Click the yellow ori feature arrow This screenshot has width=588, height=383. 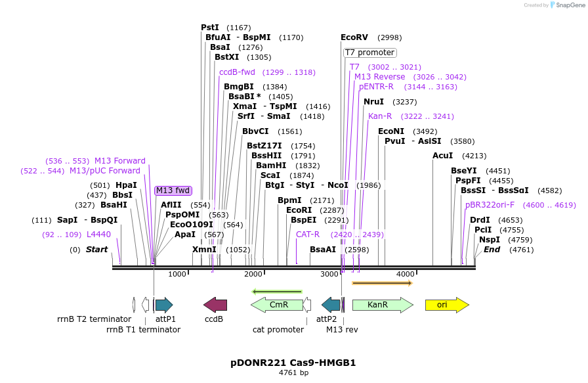pyautogui.click(x=447, y=305)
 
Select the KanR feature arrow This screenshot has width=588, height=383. pyautogui.click(x=383, y=305)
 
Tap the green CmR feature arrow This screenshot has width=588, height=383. pyautogui.click(x=276, y=305)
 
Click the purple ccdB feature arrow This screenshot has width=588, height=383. pyautogui.click(x=215, y=305)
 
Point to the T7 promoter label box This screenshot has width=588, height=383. pyautogui.click(x=370, y=53)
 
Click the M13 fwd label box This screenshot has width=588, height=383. pyautogui.click(x=173, y=191)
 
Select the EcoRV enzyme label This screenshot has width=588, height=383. pyautogui.click(x=354, y=37)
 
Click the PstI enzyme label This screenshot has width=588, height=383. pyautogui.click(x=210, y=28)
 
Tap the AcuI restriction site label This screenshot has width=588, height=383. pyautogui.click(x=443, y=156)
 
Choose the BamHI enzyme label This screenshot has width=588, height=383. pyautogui.click(x=271, y=166)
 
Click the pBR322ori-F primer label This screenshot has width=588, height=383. pyautogui.click(x=490, y=205)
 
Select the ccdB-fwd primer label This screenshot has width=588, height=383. pyautogui.click(x=237, y=72)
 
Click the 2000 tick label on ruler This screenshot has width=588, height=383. pyautogui.click(x=253, y=274)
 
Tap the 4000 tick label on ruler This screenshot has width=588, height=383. pyautogui.click(x=406, y=274)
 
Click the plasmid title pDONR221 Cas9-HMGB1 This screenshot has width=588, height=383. pyautogui.click(x=293, y=362)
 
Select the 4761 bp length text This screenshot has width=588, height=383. pyautogui.click(x=293, y=372)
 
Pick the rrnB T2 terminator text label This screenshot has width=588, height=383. pyautogui.click(x=94, y=319)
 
